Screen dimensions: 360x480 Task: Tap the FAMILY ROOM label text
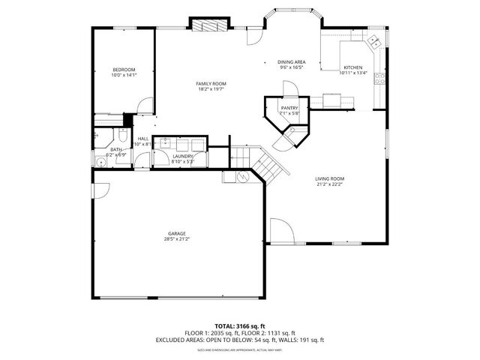(211, 83)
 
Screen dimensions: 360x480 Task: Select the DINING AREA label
(291, 61)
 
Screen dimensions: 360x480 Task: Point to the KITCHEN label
(352, 67)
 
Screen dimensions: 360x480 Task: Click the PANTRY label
(289, 108)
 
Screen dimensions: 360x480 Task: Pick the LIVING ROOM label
(328, 178)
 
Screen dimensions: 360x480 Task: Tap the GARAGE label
(177, 233)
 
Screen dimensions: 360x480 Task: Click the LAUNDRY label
(182, 156)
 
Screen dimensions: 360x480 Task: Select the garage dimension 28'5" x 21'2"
(177, 239)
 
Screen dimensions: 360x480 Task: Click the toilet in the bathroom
(123, 136)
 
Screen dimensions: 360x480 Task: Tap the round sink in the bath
(99, 160)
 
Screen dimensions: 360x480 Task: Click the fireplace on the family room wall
(208, 25)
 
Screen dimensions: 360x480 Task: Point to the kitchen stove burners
(382, 76)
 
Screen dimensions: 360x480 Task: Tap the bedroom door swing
(145, 106)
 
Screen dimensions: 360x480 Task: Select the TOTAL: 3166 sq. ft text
(239, 326)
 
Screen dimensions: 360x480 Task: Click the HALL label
(142, 139)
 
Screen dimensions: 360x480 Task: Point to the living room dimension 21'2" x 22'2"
(328, 184)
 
